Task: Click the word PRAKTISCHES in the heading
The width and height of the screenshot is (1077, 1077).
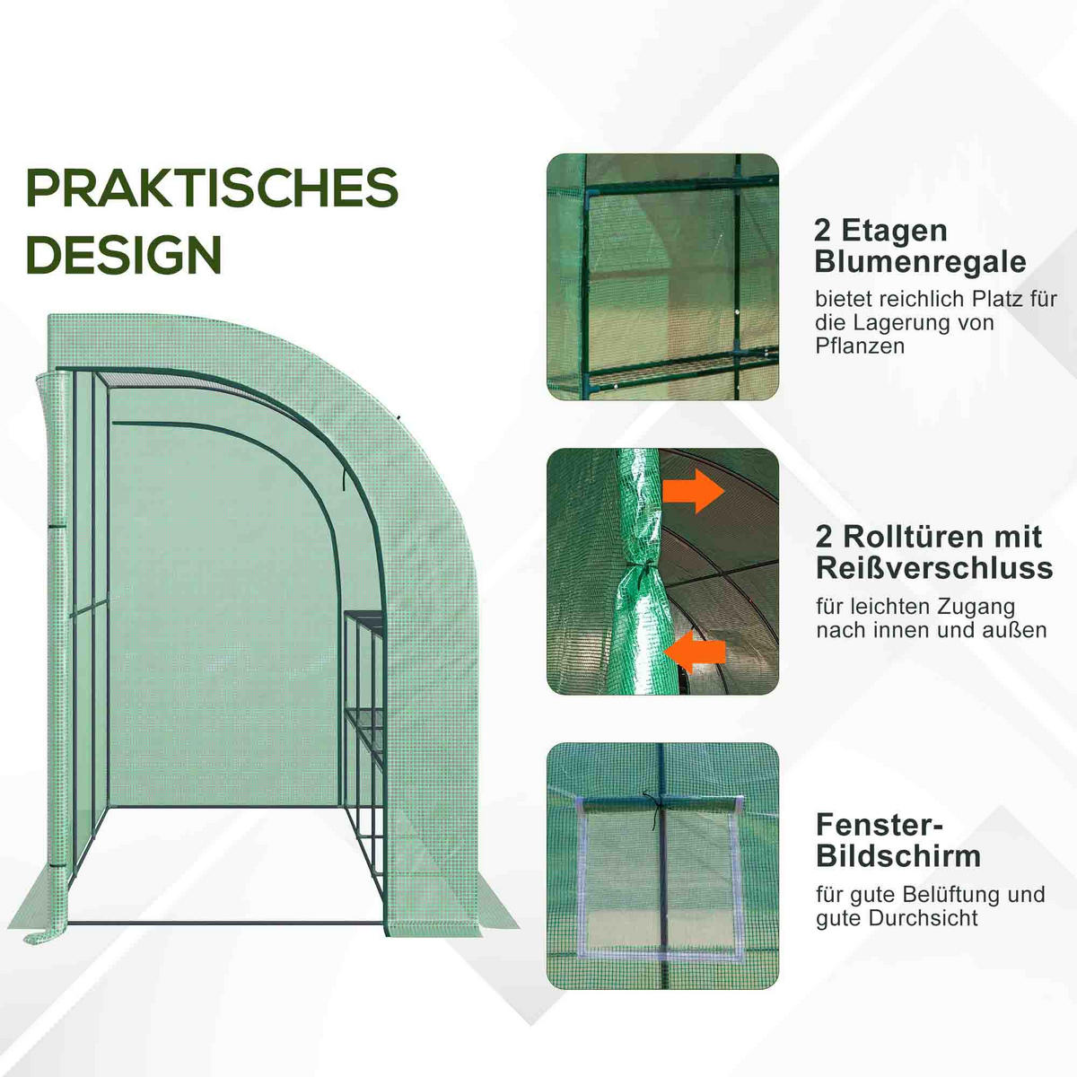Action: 212,188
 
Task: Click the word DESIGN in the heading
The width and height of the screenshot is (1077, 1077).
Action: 123,255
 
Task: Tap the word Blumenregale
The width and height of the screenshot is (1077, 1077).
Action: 920,261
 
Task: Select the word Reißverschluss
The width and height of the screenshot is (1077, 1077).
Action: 934,567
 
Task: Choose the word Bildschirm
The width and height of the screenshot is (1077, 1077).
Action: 898,855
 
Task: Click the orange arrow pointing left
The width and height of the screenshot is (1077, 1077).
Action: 697,649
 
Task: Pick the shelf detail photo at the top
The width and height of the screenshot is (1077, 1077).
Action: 662,276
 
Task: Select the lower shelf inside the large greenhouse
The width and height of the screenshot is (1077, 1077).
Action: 363,714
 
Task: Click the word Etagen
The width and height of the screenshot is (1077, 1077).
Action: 894,231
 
